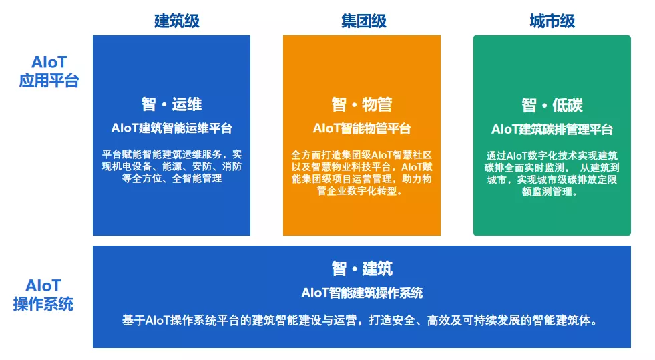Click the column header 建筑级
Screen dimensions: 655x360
[x=177, y=21]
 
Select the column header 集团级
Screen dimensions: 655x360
[x=363, y=21]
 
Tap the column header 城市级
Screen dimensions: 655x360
[x=552, y=21]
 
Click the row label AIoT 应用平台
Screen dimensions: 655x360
[x=49, y=71]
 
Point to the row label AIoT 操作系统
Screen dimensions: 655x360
[x=43, y=295]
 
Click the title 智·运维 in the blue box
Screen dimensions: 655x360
[x=172, y=104]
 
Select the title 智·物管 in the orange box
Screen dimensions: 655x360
[x=362, y=104]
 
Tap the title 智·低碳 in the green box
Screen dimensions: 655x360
[x=552, y=105]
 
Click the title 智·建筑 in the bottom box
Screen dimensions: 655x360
[x=362, y=268]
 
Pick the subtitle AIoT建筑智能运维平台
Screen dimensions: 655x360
[x=172, y=128]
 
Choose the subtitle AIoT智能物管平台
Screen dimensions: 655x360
[x=362, y=128]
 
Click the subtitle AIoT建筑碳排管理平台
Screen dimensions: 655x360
[x=552, y=130]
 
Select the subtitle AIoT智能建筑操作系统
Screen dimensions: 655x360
[x=362, y=293]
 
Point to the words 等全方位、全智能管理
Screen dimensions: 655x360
[x=172, y=178]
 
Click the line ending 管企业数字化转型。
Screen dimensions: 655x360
[x=360, y=191]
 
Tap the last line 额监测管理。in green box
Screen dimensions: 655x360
[x=550, y=192]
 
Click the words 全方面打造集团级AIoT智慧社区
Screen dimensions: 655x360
[x=362, y=155]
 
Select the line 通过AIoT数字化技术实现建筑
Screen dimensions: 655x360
[x=552, y=156]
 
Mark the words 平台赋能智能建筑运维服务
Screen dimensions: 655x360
[x=162, y=154]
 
